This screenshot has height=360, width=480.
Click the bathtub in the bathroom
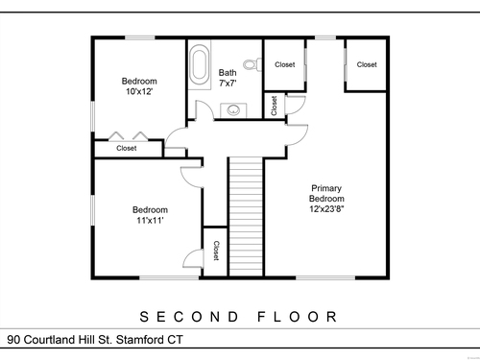200,65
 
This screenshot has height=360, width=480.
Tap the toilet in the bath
252,64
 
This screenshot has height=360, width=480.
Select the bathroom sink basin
233,110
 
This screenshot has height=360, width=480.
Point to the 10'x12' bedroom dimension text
139,91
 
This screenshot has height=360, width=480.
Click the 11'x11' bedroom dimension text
150,220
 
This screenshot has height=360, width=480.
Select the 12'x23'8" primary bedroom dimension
326,209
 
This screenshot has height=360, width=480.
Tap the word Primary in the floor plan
326,188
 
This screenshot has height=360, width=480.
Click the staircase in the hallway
246,217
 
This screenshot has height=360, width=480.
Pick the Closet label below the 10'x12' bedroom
127,148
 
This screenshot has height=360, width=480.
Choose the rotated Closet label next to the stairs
216,251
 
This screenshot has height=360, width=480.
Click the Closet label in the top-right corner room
367,64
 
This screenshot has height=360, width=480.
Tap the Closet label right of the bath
285,64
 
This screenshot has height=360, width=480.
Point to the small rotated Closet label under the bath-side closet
274,106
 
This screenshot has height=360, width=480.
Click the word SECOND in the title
190,317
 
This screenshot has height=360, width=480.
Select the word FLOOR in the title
298,317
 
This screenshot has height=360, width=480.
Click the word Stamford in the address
140,340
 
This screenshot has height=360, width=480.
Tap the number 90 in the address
13,340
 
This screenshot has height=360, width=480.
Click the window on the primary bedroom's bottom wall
325,277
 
